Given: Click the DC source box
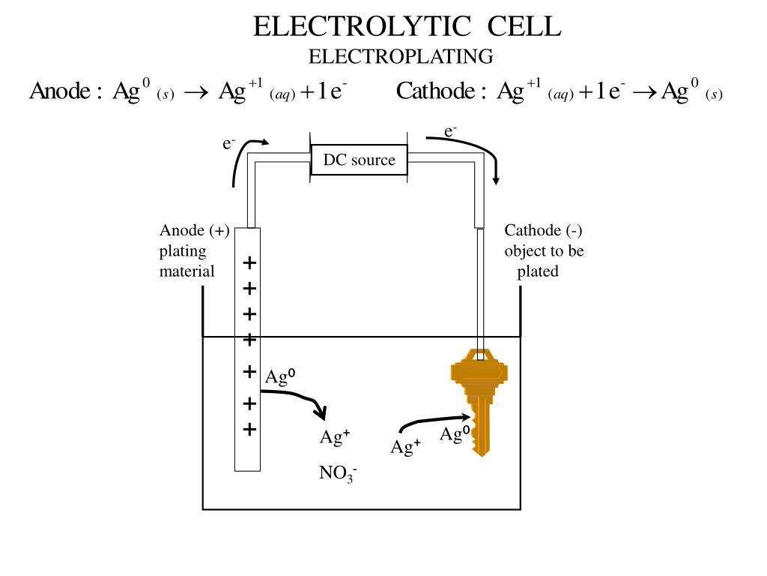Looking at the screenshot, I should (x=360, y=160).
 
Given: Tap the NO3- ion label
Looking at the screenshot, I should (x=337, y=474).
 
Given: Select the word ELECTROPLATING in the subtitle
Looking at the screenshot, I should (x=401, y=56).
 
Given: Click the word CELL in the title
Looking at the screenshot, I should (x=524, y=26).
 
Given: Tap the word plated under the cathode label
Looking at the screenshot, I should (x=538, y=271).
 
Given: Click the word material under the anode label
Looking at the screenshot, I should (x=187, y=271).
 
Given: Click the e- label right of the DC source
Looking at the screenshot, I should (x=451, y=132).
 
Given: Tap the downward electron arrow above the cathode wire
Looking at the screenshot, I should (x=487, y=154).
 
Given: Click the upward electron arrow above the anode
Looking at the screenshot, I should (x=241, y=161).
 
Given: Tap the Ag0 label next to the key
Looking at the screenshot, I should (x=454, y=433).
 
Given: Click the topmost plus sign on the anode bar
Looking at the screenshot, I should (x=249, y=262).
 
